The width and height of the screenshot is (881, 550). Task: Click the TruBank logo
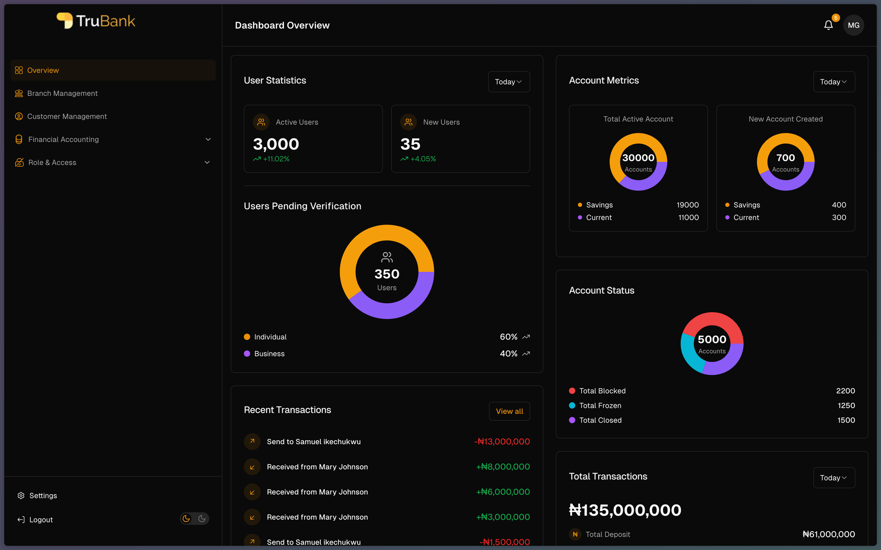pos(96,21)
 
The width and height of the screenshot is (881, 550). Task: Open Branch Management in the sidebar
pos(62,93)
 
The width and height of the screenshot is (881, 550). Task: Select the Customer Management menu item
pos(67,116)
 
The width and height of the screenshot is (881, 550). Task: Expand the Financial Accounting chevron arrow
pos(208,139)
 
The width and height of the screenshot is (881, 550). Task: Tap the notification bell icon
pos(828,25)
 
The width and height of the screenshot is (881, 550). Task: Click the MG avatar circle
pos(853,25)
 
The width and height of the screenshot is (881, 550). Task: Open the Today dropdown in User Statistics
pos(508,82)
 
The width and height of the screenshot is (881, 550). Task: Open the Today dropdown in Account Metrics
pos(833,82)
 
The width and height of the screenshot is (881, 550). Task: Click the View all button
pos(509,411)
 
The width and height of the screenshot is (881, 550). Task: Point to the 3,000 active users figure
pos(276,144)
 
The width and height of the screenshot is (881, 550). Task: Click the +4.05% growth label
pos(423,159)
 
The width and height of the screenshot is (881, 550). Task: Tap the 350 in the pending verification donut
pos(387,274)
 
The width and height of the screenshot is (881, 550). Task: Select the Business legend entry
pos(269,354)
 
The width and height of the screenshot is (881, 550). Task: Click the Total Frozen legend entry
pos(600,406)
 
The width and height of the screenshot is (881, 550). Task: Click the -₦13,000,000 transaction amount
pos(502,441)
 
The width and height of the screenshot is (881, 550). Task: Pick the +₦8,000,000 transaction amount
pos(503,467)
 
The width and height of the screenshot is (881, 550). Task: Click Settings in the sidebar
pos(43,495)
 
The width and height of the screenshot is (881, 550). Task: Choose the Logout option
pos(41,520)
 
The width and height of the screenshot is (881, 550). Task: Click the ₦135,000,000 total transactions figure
pos(625,510)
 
